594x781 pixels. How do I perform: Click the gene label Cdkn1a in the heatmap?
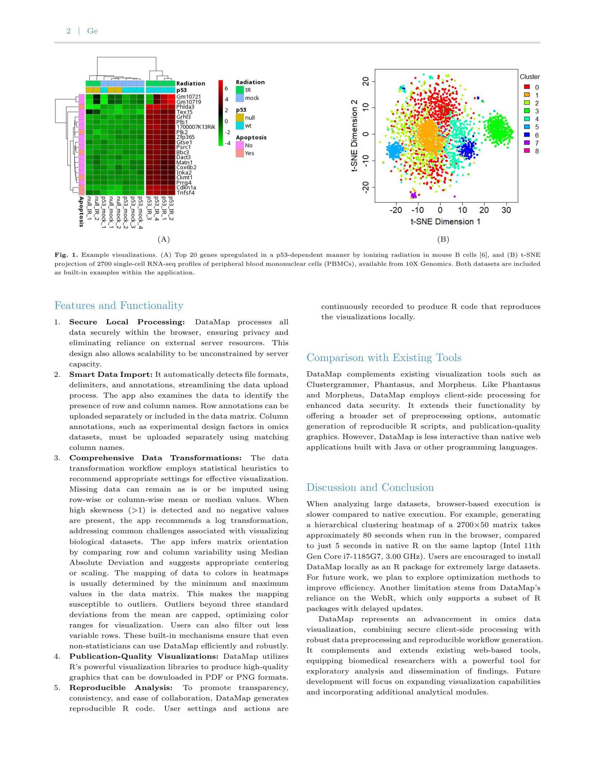[x=186, y=188]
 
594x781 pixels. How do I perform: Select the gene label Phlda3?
[x=185, y=107]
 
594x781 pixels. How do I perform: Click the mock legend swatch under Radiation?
[x=239, y=98]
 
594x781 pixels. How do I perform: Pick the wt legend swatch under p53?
[x=239, y=125]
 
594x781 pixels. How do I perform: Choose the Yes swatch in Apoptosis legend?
[x=239, y=154]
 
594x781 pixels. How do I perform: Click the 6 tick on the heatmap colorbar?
[x=227, y=88]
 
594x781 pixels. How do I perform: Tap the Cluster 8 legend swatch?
[x=527, y=151]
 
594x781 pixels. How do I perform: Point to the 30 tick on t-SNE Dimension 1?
[x=506, y=210]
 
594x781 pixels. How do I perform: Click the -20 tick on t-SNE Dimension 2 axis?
[x=366, y=187]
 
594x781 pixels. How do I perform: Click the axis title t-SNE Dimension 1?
[x=445, y=221]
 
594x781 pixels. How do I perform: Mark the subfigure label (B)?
[x=443, y=239]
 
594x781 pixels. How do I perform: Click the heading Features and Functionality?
[x=119, y=306]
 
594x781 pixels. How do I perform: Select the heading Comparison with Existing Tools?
[x=384, y=358]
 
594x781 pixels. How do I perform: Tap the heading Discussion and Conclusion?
[x=370, y=488]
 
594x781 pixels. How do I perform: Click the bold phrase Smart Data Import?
[x=111, y=375]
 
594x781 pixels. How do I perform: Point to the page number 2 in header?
[x=68, y=31]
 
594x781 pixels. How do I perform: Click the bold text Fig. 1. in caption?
[x=66, y=255]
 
